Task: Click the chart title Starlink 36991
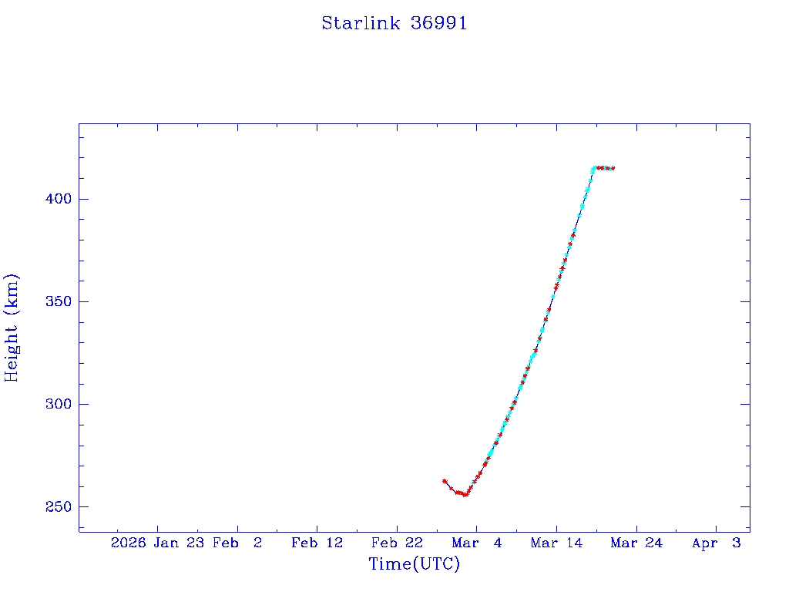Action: coord(394,24)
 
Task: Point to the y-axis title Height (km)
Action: coord(12,328)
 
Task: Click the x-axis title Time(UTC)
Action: coord(415,565)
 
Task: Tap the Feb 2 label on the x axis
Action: coord(237,543)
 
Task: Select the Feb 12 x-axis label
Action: coord(317,543)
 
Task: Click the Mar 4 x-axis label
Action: coord(476,543)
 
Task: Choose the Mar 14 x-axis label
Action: coord(556,543)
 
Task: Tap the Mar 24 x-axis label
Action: coord(636,543)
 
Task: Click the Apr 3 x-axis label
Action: coord(716,543)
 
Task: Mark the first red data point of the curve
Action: coord(445,481)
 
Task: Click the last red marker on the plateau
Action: coord(613,168)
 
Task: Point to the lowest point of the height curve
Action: coord(465,494)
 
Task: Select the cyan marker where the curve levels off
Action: coord(593,169)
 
